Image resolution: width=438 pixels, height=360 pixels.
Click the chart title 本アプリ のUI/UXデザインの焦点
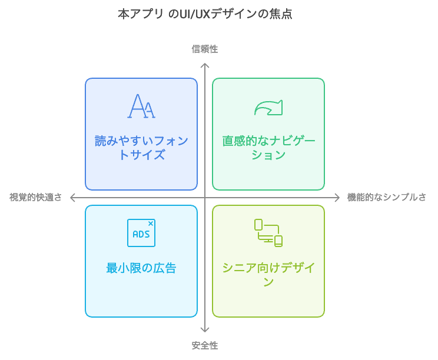(x=205, y=14)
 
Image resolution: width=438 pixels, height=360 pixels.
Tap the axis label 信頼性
(x=205, y=49)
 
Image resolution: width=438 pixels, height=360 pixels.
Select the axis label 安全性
(x=205, y=345)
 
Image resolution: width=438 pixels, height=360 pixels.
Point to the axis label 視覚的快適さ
(x=35, y=197)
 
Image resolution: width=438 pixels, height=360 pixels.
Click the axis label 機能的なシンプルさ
(x=387, y=197)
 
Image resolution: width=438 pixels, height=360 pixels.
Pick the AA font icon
(x=141, y=106)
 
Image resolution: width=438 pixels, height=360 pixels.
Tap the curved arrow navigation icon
(x=268, y=108)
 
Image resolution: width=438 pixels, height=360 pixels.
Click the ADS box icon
(x=141, y=233)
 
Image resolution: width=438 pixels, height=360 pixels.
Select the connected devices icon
(x=268, y=233)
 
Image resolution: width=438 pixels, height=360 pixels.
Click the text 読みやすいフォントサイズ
(x=141, y=148)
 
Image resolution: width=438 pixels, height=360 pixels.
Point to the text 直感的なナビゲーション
(x=268, y=148)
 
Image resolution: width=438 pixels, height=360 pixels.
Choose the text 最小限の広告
(x=141, y=268)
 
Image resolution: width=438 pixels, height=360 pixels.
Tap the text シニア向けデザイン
(x=268, y=275)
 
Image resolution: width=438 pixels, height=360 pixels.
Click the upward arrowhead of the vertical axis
(x=205, y=64)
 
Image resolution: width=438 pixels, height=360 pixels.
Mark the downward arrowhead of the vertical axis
(x=205, y=332)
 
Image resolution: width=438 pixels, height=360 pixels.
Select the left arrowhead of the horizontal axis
(x=71, y=198)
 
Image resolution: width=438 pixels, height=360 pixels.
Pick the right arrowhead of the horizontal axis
(x=339, y=198)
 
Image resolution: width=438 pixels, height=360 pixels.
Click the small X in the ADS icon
(x=151, y=224)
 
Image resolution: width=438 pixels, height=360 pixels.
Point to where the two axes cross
(x=205, y=198)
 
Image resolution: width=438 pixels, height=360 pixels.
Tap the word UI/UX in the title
(x=194, y=14)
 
